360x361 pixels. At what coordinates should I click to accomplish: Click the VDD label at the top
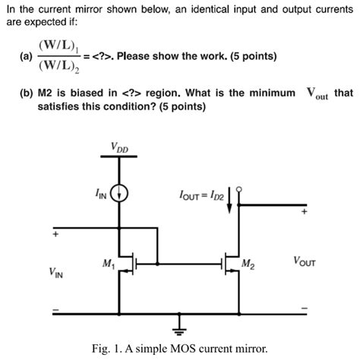(119, 147)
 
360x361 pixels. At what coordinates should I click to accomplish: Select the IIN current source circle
(119, 195)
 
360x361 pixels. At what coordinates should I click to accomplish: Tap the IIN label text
(101, 195)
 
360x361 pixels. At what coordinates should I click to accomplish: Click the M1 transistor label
(107, 264)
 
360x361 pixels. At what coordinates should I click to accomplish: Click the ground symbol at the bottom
(180, 328)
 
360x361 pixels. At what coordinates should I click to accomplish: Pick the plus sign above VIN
(55, 235)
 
